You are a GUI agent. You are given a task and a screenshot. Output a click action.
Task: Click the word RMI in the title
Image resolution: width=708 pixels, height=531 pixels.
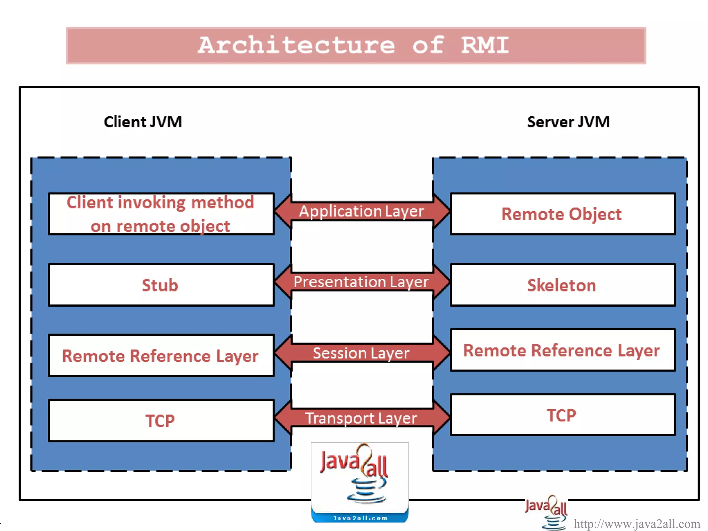coord(485,45)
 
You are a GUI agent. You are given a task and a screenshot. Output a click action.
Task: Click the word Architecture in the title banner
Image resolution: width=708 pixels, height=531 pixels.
coord(296,45)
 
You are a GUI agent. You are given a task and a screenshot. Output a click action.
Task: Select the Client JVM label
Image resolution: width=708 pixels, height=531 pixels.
coord(143,122)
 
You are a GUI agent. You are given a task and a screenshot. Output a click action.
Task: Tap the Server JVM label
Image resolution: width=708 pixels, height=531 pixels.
coord(568,122)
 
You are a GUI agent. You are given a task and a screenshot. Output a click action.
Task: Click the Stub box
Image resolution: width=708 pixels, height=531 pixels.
coord(161,285)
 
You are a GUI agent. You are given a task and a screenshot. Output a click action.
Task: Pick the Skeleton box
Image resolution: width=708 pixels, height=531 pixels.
coord(562,285)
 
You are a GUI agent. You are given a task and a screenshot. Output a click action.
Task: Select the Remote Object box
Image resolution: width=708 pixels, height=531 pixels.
coord(562,214)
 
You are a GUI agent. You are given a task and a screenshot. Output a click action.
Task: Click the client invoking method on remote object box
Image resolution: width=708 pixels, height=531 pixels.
coord(161,214)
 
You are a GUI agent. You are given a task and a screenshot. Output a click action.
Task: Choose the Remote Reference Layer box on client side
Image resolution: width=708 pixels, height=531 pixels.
coord(161,356)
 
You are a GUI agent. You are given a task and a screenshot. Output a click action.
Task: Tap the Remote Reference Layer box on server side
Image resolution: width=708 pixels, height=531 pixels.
coord(562,350)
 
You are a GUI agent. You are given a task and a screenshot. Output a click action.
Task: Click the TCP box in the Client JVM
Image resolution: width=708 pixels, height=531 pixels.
coord(161,421)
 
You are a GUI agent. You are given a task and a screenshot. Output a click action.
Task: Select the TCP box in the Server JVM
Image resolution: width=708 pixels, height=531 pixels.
coord(562,415)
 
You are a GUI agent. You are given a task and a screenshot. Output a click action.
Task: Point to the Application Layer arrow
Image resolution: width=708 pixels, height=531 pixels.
coord(362,211)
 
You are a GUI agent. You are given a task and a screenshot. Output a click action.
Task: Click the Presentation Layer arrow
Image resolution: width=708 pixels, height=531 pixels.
coord(362,282)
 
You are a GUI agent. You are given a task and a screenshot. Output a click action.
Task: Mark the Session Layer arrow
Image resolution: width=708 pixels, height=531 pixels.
coord(362,353)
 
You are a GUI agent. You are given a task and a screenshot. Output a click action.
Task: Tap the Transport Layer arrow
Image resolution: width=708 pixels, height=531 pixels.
coord(362,418)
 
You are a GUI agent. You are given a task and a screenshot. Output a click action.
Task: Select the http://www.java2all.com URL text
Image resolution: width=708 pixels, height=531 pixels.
coord(637,524)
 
